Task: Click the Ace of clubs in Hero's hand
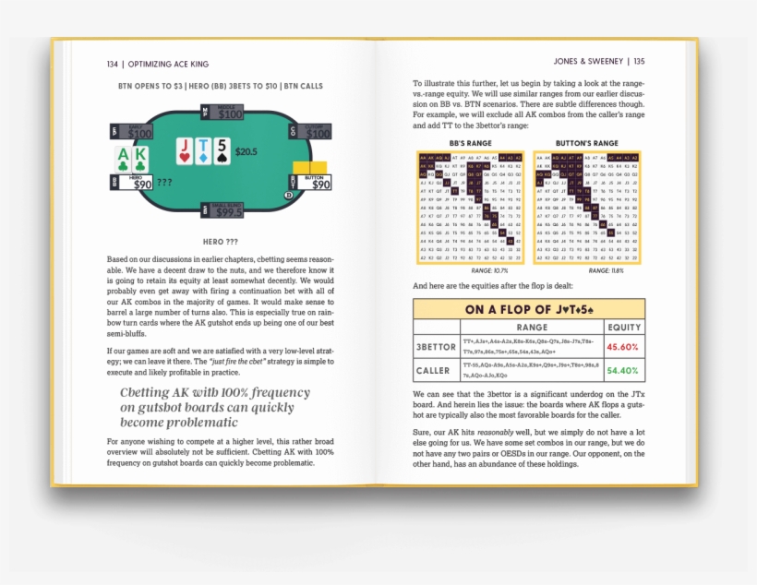point(124,161)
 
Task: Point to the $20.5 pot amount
point(246,150)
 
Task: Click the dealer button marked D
point(289,196)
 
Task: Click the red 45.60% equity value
point(622,347)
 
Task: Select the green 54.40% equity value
point(622,371)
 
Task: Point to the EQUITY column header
point(623,327)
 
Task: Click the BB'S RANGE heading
point(469,143)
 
